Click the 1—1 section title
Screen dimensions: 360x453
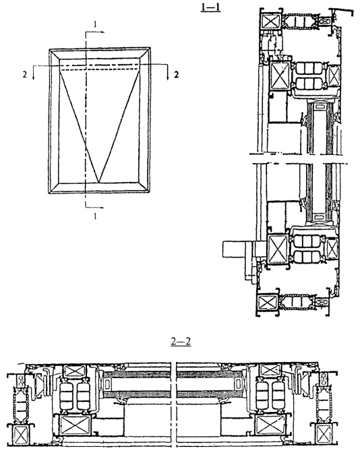(x=210, y=7)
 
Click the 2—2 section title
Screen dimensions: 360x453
(x=181, y=342)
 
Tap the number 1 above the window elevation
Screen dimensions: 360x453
(x=95, y=25)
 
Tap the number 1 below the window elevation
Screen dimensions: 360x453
(x=95, y=216)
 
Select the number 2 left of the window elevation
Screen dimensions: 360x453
(x=25, y=75)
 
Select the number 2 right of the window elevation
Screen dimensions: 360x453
(x=176, y=75)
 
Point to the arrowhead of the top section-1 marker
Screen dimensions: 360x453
(x=102, y=32)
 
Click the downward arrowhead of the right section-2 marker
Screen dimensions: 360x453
(x=168, y=78)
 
